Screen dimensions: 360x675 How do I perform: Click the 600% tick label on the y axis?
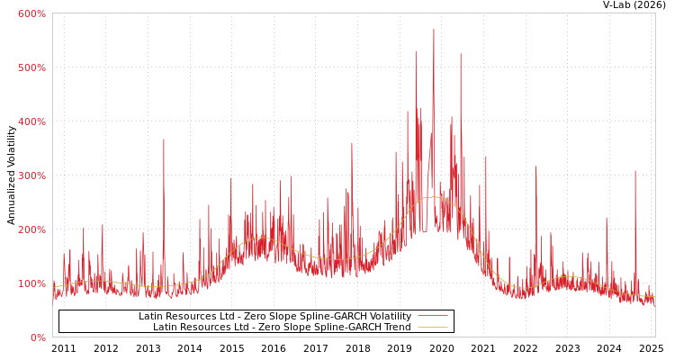tap(31, 13)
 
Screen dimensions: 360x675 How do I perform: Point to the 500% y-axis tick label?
tap(31, 67)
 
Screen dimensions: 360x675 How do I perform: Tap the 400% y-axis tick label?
tap(31, 121)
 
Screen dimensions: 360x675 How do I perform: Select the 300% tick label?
tap(31, 175)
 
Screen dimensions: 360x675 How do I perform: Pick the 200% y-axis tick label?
tap(31, 229)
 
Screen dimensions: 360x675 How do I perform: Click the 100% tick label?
tap(31, 283)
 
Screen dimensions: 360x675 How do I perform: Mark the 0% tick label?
tap(37, 337)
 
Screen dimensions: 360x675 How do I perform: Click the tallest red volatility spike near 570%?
tap(433, 31)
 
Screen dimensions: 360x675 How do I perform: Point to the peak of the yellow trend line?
tap(433, 197)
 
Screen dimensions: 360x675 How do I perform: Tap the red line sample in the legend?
tap(433, 317)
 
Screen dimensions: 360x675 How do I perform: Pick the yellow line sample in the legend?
tap(433, 328)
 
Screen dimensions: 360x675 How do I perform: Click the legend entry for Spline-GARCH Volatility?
tap(274, 317)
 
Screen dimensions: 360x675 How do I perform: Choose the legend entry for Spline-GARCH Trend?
tap(282, 328)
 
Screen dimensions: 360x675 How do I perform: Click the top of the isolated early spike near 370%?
tap(164, 139)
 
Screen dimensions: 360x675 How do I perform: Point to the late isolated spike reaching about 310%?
tap(634, 172)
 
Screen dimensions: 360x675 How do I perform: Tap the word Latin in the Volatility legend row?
tap(152, 317)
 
